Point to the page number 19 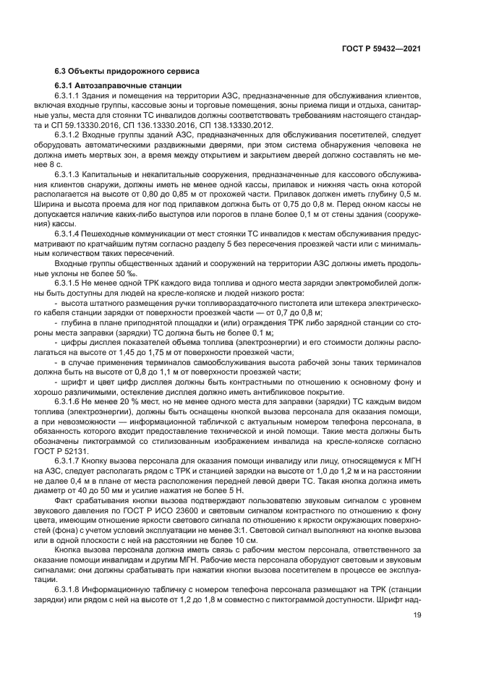[417, 615]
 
